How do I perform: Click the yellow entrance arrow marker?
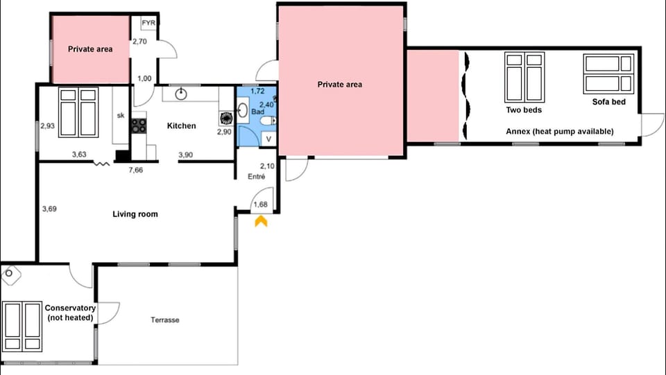pos(261,221)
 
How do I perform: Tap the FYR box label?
pos(148,23)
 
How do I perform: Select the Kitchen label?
pos(181,125)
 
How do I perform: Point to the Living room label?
pos(135,214)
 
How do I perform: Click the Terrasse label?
pos(165,320)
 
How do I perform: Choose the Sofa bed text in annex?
pos(608,102)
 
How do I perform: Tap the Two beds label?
pos(524,110)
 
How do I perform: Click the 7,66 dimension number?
pos(136,170)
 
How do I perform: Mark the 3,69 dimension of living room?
pos(49,209)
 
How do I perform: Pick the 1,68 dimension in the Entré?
pos(260,204)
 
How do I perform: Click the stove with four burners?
pos(139,125)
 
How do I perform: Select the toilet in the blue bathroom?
pos(268,121)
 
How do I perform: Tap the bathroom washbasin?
pos(243,110)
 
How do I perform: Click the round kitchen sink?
pos(181,94)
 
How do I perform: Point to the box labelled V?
pos(268,139)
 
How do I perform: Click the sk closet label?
pos(121,115)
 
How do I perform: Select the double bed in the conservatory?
pos(22,326)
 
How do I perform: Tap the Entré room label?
pos(257,177)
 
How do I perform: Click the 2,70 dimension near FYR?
pos(139,42)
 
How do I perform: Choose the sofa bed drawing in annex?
pos(608,73)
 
